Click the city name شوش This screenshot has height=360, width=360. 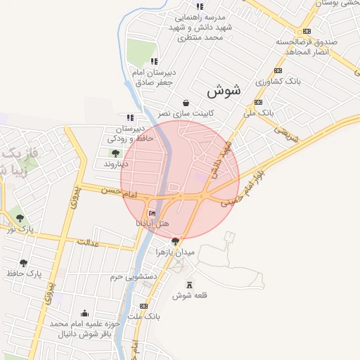coord(224,91)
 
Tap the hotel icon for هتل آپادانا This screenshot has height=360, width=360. coord(153,213)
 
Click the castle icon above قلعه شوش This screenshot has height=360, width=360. coord(189,284)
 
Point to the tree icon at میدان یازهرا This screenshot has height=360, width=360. coord(175,241)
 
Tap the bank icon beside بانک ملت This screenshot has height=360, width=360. coord(143,307)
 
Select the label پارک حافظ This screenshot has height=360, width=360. coord(25,273)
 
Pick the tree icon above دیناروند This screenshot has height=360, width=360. coord(115,153)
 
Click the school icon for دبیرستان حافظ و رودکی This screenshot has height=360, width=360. coord(129,118)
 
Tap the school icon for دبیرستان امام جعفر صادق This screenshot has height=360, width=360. coord(154,60)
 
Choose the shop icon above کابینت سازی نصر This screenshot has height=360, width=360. coord(185,103)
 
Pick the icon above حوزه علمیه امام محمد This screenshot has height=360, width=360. coord(85,313)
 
